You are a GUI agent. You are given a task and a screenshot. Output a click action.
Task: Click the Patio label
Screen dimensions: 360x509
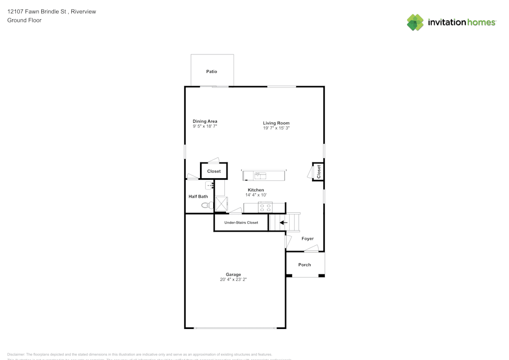tap(212, 72)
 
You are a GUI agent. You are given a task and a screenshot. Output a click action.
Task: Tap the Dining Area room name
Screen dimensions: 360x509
tap(205, 121)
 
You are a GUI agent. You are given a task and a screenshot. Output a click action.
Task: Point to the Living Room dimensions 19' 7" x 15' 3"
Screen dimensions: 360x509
tap(276, 128)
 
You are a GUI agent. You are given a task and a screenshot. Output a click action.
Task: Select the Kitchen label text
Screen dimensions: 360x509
tap(256, 190)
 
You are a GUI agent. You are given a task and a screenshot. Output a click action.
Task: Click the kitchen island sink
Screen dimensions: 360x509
tap(260, 176)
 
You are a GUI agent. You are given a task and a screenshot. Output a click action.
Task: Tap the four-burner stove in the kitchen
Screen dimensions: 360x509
tap(265, 207)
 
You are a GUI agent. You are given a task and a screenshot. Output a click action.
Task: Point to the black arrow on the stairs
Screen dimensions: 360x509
tap(283, 223)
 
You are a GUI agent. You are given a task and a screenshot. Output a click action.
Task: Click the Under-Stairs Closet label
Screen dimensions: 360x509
tap(241, 223)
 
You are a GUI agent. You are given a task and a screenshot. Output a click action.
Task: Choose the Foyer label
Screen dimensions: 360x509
tap(307, 238)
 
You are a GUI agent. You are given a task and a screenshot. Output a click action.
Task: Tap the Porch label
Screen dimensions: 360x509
tap(304, 265)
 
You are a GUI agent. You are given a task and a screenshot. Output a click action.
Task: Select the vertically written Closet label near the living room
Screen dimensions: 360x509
tap(319, 172)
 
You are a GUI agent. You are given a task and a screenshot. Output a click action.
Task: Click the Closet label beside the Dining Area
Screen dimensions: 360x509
tap(214, 172)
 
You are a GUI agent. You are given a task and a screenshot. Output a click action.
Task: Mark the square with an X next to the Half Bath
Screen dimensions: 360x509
tap(222, 204)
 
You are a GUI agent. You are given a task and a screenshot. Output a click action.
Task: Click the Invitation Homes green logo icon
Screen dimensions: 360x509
tap(415, 22)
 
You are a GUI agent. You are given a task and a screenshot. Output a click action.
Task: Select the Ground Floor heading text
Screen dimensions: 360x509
tap(24, 20)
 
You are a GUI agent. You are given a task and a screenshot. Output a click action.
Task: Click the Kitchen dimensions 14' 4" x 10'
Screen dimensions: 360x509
tap(256, 195)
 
